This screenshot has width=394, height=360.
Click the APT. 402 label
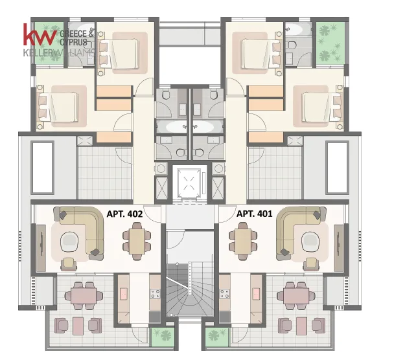click(124, 214)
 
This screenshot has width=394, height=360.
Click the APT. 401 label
click(254, 214)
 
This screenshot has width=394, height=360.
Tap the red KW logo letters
click(40, 35)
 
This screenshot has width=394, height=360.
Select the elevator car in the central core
click(189, 183)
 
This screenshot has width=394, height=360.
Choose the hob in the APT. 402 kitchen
click(155, 294)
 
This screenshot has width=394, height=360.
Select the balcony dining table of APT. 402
click(84, 296)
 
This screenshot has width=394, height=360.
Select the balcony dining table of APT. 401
click(296, 296)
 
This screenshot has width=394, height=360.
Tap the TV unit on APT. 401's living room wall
click(339, 248)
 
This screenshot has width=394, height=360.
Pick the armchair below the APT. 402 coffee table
click(69, 264)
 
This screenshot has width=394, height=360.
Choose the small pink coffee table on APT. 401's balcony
click(301, 326)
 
